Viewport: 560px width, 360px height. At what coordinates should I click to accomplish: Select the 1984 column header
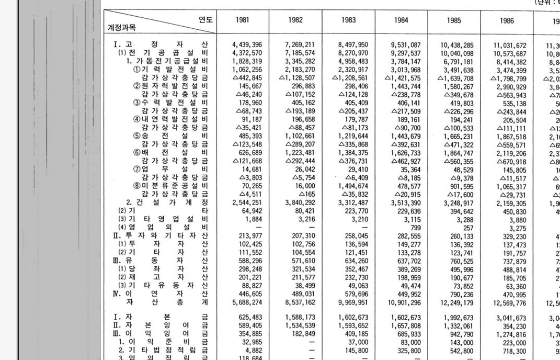(401, 20)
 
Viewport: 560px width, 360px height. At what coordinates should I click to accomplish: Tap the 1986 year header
(507, 21)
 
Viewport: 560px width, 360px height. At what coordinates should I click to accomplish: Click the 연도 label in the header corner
(205, 20)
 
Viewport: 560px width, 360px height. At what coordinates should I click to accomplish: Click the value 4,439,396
(247, 45)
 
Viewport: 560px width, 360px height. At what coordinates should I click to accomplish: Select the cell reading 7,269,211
(300, 45)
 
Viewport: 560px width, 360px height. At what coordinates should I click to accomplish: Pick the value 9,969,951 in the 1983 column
(353, 302)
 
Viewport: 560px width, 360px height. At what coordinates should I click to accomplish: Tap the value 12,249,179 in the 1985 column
(456, 302)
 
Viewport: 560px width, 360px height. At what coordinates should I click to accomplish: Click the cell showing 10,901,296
(405, 302)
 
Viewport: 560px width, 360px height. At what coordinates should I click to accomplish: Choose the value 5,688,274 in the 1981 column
(247, 302)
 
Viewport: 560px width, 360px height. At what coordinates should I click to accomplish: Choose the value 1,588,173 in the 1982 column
(300, 318)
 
